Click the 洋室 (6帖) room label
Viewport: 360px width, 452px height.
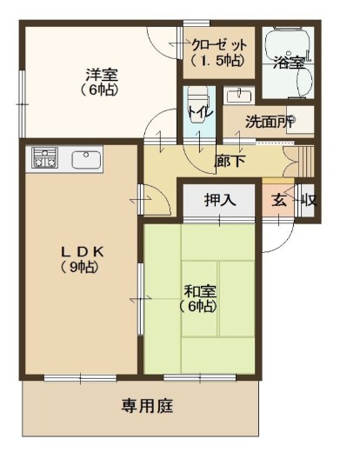pyautogui.click(x=100, y=82)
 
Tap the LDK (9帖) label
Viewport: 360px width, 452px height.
pyautogui.click(x=82, y=259)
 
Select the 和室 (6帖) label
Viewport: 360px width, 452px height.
pyautogui.click(x=199, y=299)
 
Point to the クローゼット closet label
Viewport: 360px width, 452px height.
pyautogui.click(x=218, y=52)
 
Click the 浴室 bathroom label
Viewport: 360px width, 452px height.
pyautogui.click(x=290, y=63)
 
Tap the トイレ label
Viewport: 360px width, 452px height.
pyautogui.click(x=201, y=111)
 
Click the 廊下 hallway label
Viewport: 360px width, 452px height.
pyautogui.click(x=230, y=161)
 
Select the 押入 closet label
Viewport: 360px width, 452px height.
pyautogui.click(x=220, y=200)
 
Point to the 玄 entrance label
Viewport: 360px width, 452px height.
pyautogui.click(x=279, y=201)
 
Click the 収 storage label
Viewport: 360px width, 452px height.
pyautogui.click(x=309, y=201)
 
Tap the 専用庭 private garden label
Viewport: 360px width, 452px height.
pyautogui.click(x=147, y=406)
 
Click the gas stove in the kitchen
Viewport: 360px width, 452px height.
pyautogui.click(x=44, y=157)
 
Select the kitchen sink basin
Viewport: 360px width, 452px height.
pyautogui.click(x=86, y=160)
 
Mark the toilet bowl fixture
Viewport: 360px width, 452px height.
pyautogui.click(x=199, y=98)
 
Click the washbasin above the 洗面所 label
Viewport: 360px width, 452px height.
pyautogui.click(x=239, y=96)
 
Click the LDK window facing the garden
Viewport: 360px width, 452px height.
pyautogui.click(x=80, y=378)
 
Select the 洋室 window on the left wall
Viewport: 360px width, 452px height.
pyautogui.click(x=22, y=103)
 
